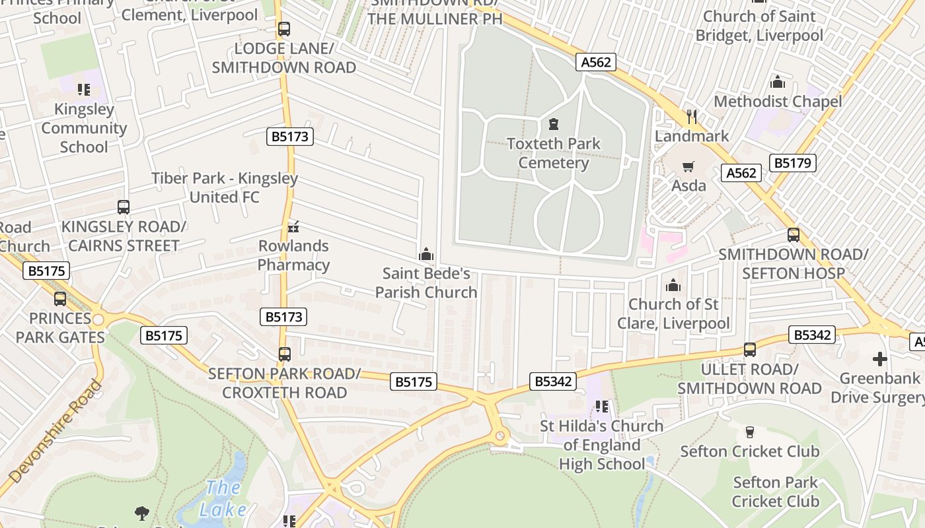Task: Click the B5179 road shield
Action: (x=793, y=163)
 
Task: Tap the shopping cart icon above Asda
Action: (x=688, y=166)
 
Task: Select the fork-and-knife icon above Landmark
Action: (x=692, y=117)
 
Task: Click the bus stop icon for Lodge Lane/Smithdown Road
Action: (x=284, y=29)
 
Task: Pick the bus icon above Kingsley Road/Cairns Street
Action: (x=124, y=207)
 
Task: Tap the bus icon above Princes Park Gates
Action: (x=60, y=299)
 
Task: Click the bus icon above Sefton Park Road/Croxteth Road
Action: (x=285, y=354)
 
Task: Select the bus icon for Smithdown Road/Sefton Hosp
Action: (x=793, y=235)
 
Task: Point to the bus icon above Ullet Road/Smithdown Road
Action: (x=749, y=350)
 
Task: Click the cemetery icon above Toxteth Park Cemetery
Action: (x=553, y=124)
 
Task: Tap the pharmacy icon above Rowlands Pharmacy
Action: (x=293, y=227)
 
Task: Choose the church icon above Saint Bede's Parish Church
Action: (x=426, y=254)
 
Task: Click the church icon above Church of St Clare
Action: (x=673, y=285)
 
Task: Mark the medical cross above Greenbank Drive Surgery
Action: (x=879, y=359)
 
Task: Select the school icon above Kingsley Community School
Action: (x=83, y=90)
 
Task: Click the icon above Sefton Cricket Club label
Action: (x=749, y=432)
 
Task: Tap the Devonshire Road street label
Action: (x=56, y=432)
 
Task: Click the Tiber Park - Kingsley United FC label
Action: (x=225, y=187)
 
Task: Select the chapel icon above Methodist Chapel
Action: (x=778, y=82)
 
